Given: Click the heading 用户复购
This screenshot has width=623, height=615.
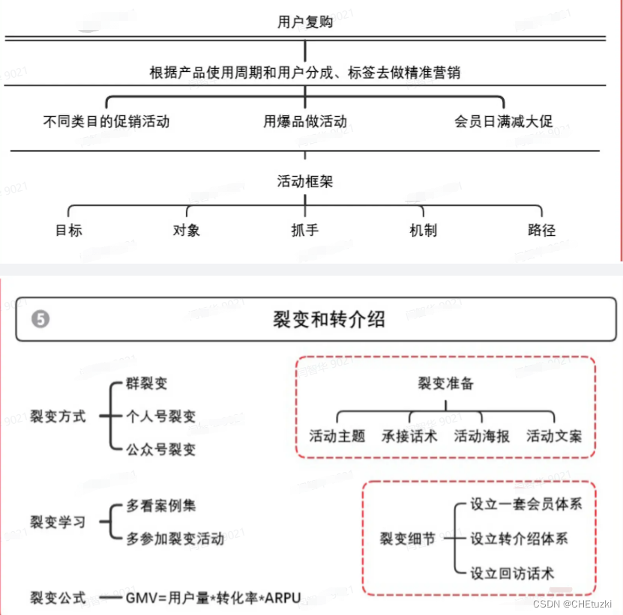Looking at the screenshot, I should coord(305,22).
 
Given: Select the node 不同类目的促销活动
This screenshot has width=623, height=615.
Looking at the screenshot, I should coord(106,121).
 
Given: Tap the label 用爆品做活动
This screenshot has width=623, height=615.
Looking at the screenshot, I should coord(305,121).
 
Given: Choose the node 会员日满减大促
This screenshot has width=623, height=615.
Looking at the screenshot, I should coord(504,121).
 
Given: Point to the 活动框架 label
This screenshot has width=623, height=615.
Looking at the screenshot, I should coord(305,181).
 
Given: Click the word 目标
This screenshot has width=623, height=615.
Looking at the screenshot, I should coord(69,230).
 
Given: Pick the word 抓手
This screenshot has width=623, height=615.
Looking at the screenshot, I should coord(305,230).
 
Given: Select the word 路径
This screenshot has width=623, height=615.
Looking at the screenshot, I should coord(541,230).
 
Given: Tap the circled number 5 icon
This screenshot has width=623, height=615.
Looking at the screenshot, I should coord(40,320).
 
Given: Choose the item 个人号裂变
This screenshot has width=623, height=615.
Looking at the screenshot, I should coord(160,416).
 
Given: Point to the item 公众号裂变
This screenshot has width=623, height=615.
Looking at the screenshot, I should coord(160,449).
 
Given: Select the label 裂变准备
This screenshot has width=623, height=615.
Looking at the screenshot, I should coord(445,384).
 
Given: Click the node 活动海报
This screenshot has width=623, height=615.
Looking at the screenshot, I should coord(481,436).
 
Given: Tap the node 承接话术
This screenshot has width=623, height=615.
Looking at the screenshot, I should coord(409,436).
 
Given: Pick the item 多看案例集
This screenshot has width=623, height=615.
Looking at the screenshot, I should coord(160,505).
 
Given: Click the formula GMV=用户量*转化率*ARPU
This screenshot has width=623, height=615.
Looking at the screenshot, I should coord(213,598).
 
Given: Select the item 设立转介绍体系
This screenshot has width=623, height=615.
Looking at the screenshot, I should coord(519,539).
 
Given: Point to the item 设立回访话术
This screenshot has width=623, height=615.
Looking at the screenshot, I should coord(512,574).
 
